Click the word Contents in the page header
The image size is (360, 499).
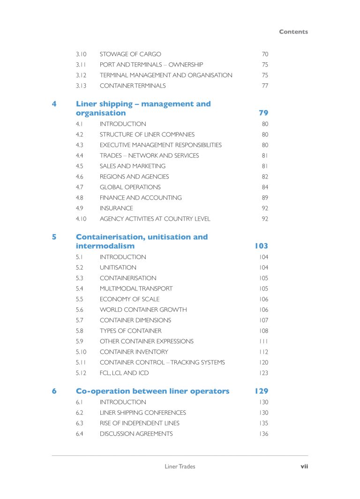click(x=293, y=32)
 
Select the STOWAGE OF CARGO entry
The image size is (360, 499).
click(x=130, y=54)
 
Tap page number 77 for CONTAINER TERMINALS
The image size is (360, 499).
click(x=265, y=86)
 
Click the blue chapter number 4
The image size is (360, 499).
click(x=54, y=104)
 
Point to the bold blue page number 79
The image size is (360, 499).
click(x=263, y=113)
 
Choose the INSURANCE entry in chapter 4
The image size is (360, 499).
click(x=116, y=208)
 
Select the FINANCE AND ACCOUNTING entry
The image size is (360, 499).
click(x=141, y=198)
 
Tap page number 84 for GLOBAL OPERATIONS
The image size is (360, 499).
click(x=265, y=187)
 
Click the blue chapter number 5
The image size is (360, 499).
click(x=54, y=237)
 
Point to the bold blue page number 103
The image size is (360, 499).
click(x=262, y=246)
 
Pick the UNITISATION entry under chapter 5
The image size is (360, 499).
click(x=118, y=268)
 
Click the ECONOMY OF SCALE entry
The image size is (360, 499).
click(x=129, y=299)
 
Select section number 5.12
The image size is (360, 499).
click(x=81, y=373)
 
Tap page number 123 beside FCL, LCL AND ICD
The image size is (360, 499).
click(x=263, y=373)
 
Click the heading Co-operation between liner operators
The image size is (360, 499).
click(x=152, y=391)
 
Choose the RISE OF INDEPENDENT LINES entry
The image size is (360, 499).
click(x=139, y=423)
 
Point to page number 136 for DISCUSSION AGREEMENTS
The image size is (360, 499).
click(x=263, y=434)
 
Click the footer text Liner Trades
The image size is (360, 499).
click(x=180, y=466)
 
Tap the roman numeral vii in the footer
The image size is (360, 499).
click(x=304, y=466)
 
